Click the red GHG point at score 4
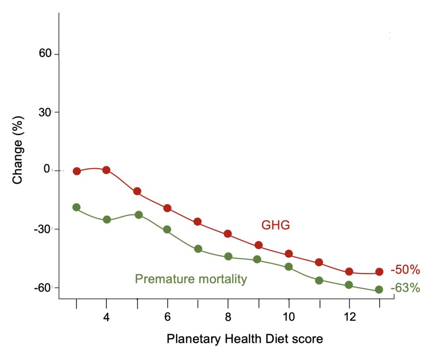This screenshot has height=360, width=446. point(106,170)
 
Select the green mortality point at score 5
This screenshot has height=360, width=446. point(139,215)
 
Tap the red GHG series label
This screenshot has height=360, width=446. point(275,225)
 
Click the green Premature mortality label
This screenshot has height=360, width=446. point(191,279)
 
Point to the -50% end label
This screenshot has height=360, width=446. point(405,270)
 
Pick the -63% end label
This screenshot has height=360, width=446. point(405,288)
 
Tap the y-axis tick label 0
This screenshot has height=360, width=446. point(47,170)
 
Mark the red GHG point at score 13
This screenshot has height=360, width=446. point(379,272)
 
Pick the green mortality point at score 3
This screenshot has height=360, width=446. point(77,207)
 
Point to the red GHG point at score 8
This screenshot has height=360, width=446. point(227,234)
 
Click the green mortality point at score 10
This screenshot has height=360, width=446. point(288,266)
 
